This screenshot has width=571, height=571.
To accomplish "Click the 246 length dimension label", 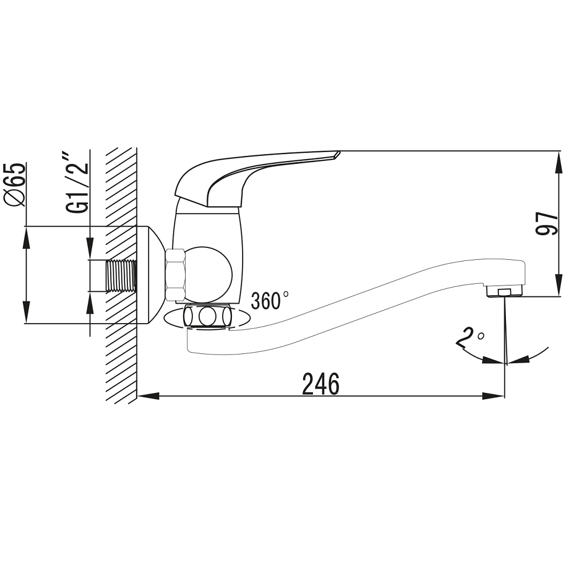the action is coord(321,384).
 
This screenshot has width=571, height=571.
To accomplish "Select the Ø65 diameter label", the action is coord(15,184).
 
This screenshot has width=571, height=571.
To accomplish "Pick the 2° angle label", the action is coord(470,337).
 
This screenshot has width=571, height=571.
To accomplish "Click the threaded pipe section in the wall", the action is coord(121,276).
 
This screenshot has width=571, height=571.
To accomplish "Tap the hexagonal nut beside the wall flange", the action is coord(175,275).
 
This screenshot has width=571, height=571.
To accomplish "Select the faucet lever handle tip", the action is coord(336,154).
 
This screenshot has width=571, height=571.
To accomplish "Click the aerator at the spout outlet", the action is coord(505,291).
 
